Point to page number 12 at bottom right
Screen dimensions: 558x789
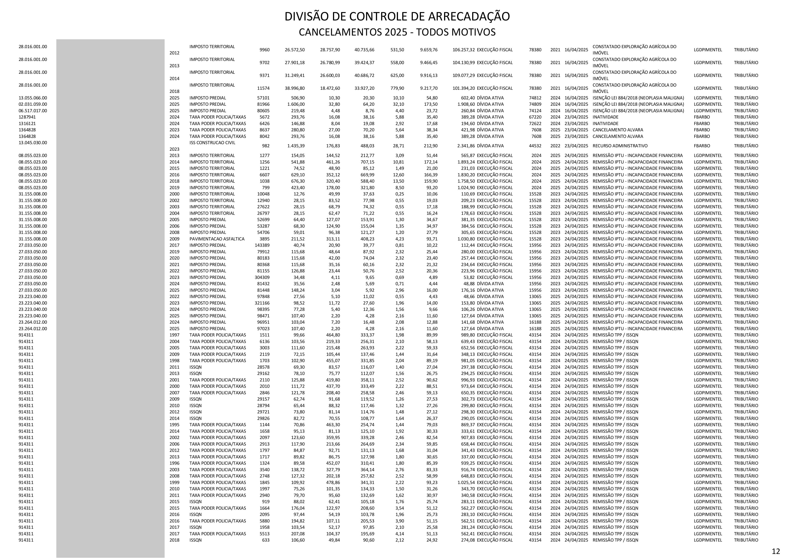(776, 551)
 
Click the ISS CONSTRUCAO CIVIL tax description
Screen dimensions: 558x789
(212, 143)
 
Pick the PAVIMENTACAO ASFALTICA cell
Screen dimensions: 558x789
(217, 239)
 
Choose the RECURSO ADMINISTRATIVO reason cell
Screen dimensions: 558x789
(620, 146)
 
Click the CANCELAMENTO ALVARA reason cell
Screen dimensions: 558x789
(617, 130)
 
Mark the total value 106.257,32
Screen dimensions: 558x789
(464, 50)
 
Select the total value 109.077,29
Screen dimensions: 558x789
(464, 75)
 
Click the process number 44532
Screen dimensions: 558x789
(535, 146)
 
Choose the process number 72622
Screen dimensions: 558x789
(535, 123)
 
